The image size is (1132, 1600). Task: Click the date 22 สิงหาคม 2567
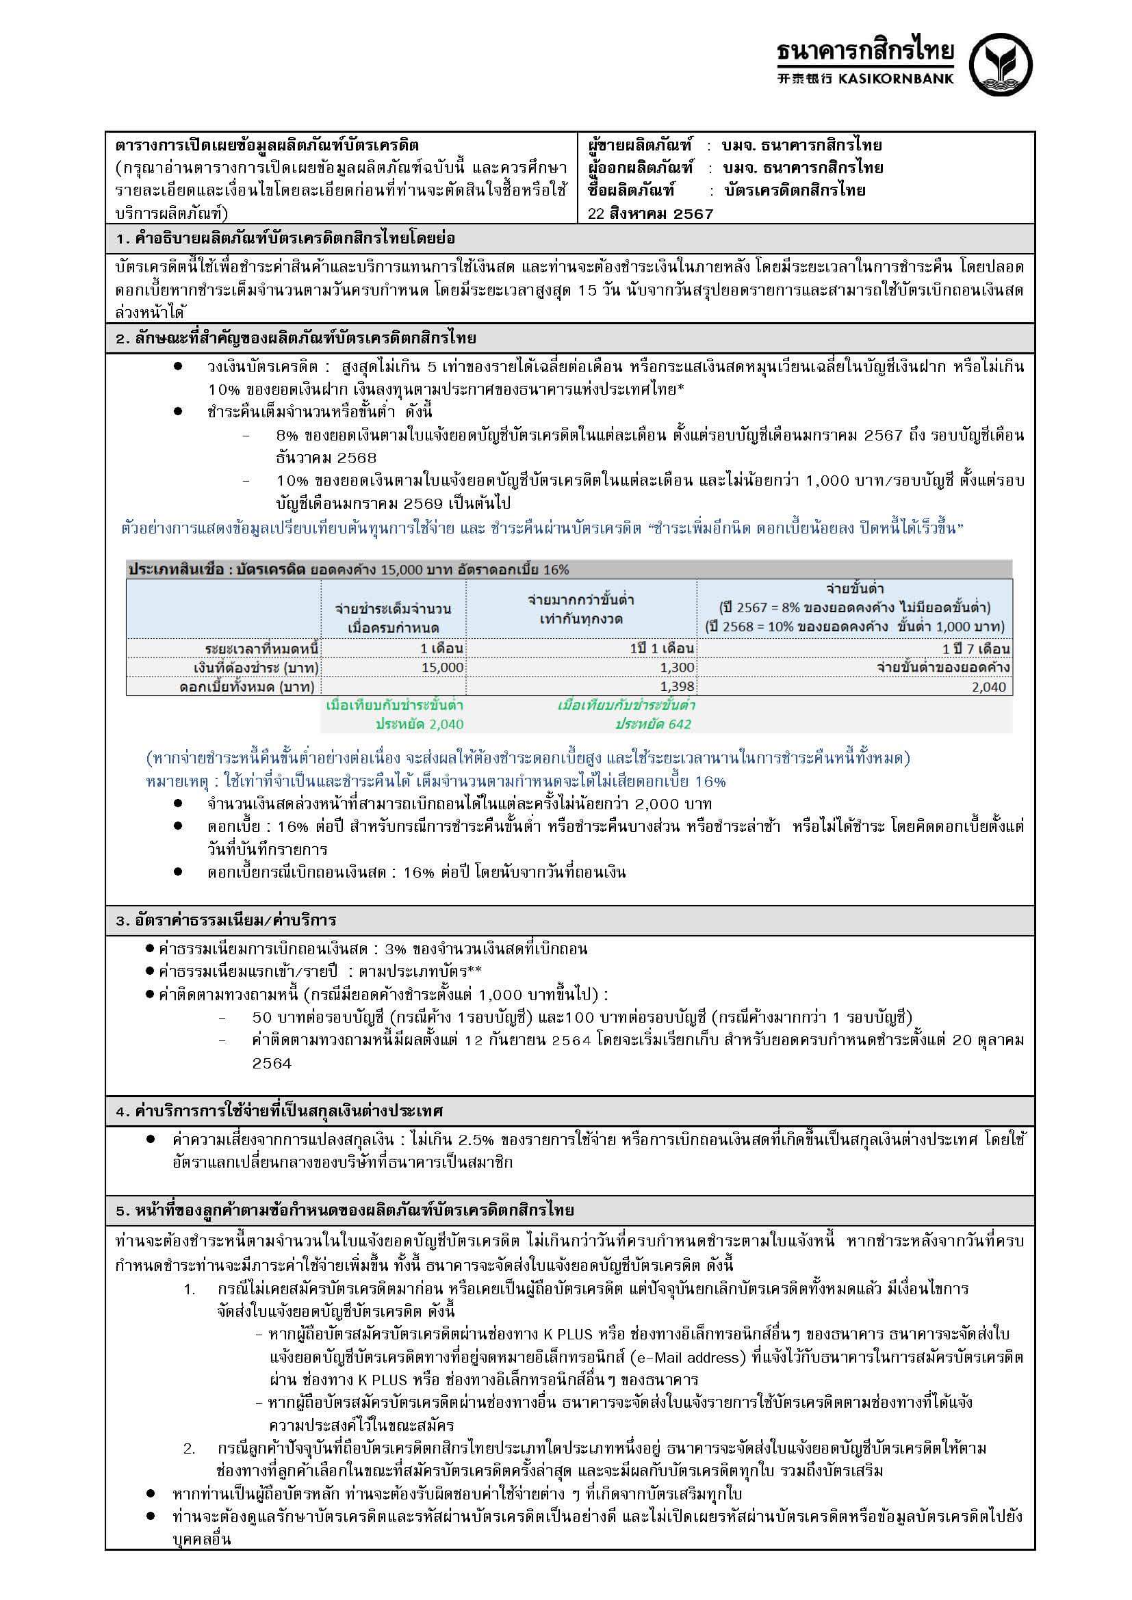pyautogui.click(x=650, y=214)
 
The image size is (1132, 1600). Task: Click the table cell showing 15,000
pyautogui.click(x=442, y=668)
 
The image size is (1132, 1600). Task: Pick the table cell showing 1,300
pyautogui.click(x=677, y=668)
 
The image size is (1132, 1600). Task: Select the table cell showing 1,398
pyautogui.click(x=677, y=687)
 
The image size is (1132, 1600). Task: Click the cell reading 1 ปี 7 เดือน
pyautogui.click(x=975, y=648)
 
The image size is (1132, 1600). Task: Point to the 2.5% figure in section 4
pyautogui.click(x=476, y=1140)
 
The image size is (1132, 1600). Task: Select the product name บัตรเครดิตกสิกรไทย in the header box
pyautogui.click(x=795, y=190)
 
